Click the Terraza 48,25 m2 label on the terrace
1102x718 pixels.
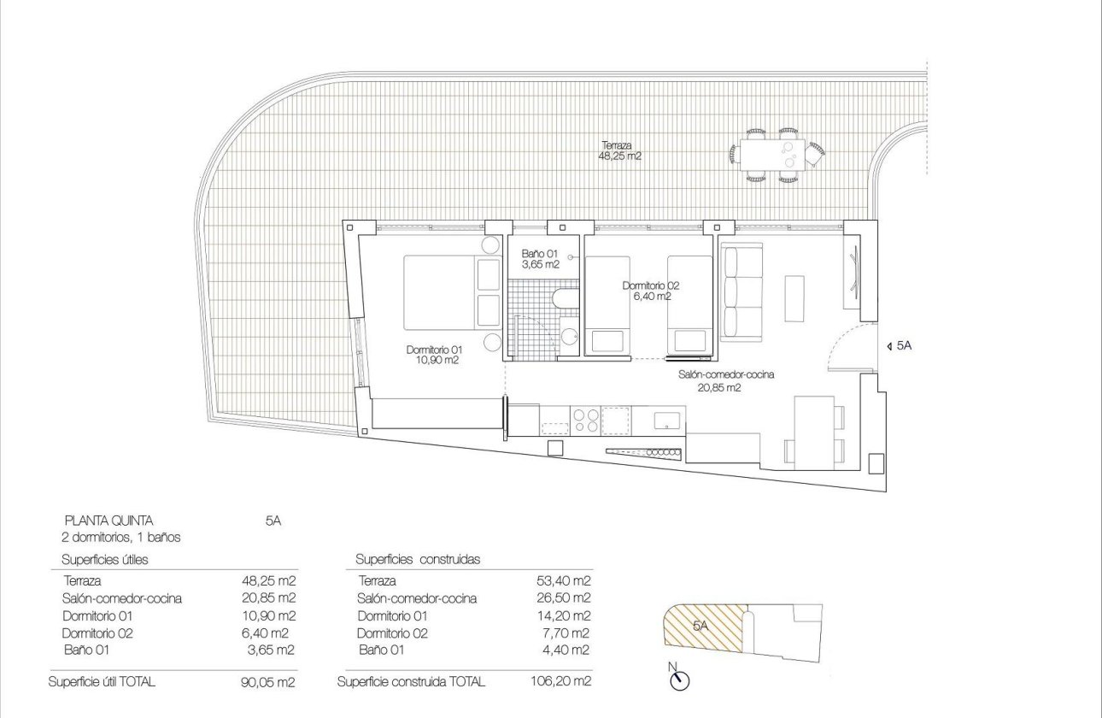click(x=620, y=151)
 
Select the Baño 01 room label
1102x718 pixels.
click(x=540, y=259)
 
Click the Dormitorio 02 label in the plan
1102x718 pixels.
click(x=651, y=291)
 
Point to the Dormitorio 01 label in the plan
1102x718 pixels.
click(x=433, y=355)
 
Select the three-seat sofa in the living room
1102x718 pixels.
click(x=741, y=291)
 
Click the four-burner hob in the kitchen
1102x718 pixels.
click(x=585, y=420)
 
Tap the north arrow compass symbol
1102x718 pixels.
click(x=680, y=680)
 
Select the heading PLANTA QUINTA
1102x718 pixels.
click(x=108, y=520)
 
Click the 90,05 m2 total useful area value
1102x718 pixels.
click(x=269, y=681)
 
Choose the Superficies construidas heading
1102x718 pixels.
click(x=418, y=560)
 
